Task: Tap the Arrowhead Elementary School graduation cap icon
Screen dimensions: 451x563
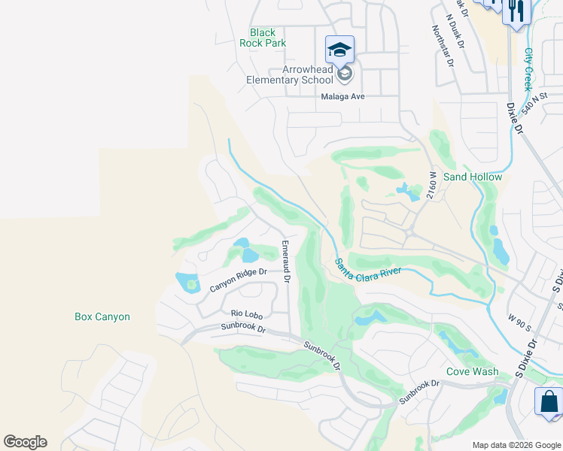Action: pyautogui.click(x=339, y=50)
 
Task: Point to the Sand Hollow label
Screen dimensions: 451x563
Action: pyautogui.click(x=472, y=177)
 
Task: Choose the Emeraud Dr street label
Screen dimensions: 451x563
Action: pyautogui.click(x=285, y=260)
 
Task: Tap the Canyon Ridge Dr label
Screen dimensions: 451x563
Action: pyautogui.click(x=238, y=280)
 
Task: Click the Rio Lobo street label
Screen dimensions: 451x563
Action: pyautogui.click(x=245, y=313)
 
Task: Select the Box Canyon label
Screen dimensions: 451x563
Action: pyautogui.click(x=102, y=316)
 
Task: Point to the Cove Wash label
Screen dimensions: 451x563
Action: pyautogui.click(x=472, y=371)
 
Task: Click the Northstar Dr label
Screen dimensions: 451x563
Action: pyautogui.click(x=443, y=46)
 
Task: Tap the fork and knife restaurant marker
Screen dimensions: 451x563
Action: pyautogui.click(x=516, y=11)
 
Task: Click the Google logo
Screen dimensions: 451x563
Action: pyautogui.click(x=25, y=442)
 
